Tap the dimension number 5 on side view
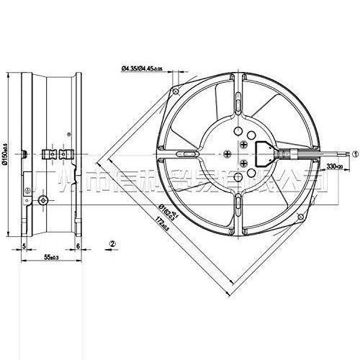point(25,246)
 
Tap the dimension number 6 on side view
point(78,246)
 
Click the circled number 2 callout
point(112,243)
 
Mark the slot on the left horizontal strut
point(186,153)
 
